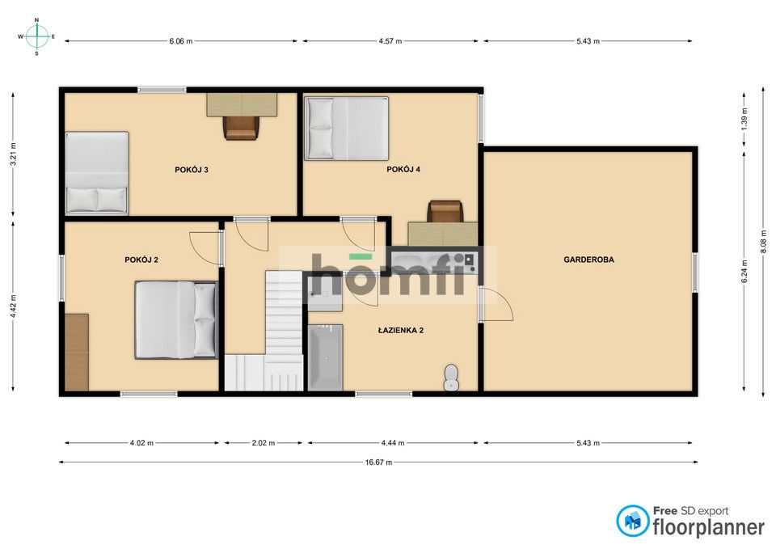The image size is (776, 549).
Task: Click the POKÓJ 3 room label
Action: click(191, 170)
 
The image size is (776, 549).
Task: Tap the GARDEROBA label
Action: click(588, 260)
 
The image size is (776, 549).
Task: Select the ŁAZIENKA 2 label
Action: click(400, 330)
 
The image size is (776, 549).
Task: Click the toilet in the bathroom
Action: click(451, 378)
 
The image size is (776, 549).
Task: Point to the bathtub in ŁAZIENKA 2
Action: click(325, 357)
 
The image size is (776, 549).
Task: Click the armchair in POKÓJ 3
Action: click(241, 127)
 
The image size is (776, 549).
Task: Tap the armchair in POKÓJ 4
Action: click(445, 211)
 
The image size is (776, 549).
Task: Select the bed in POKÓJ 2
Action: click(175, 319)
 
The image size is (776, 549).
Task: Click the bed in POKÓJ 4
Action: click(346, 129)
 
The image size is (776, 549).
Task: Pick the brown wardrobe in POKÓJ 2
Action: click(77, 352)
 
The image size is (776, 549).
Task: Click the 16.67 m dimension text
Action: click(378, 462)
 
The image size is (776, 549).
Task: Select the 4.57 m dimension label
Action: click(390, 41)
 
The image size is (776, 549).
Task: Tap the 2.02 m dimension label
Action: click(264, 442)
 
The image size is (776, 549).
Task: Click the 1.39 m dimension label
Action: click(744, 120)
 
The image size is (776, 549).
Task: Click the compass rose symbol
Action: click(36, 36)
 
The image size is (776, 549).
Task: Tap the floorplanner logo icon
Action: click(632, 521)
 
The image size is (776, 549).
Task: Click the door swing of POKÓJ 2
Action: click(205, 248)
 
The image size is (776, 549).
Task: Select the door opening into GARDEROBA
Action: click(497, 305)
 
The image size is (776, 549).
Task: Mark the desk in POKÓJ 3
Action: click(242, 104)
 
